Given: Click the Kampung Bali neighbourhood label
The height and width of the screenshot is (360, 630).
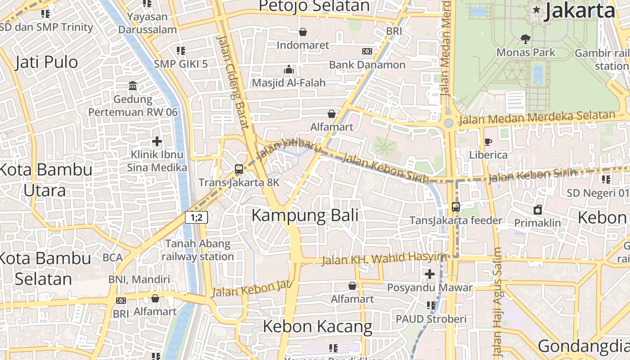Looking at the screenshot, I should tap(305, 215).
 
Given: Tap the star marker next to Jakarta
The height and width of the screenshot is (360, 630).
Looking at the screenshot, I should tap(536, 9).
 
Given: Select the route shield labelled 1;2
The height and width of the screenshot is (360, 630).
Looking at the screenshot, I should tap(196, 218).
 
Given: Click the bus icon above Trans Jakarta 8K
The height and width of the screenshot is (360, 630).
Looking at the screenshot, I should tap(239, 169).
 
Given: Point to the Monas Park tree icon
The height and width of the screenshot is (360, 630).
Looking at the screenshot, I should tap(525, 39).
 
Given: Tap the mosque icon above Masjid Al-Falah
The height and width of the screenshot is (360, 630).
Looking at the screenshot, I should tap(288, 69).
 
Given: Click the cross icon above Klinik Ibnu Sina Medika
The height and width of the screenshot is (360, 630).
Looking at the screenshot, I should tap(157, 142).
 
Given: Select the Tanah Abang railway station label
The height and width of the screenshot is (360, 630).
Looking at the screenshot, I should tap(198, 250).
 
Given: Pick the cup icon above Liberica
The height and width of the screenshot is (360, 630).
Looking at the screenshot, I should tap(488, 142).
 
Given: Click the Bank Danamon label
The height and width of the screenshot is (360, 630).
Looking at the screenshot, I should tap(367, 65).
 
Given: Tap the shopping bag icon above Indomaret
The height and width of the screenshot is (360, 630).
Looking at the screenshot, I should tap(303, 32).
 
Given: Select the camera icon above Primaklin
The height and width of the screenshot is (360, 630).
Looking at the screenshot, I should tap(538, 210).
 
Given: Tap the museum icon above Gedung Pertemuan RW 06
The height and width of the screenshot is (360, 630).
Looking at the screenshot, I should tap(133, 85).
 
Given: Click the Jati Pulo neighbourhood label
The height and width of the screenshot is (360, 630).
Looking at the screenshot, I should tap(46, 62).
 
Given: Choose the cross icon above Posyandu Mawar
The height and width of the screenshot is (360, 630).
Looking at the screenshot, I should tap(430, 274).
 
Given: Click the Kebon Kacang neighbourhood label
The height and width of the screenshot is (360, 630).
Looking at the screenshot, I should tap(317, 326).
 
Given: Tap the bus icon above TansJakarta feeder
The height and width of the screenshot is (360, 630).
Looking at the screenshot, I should tap(456, 207).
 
